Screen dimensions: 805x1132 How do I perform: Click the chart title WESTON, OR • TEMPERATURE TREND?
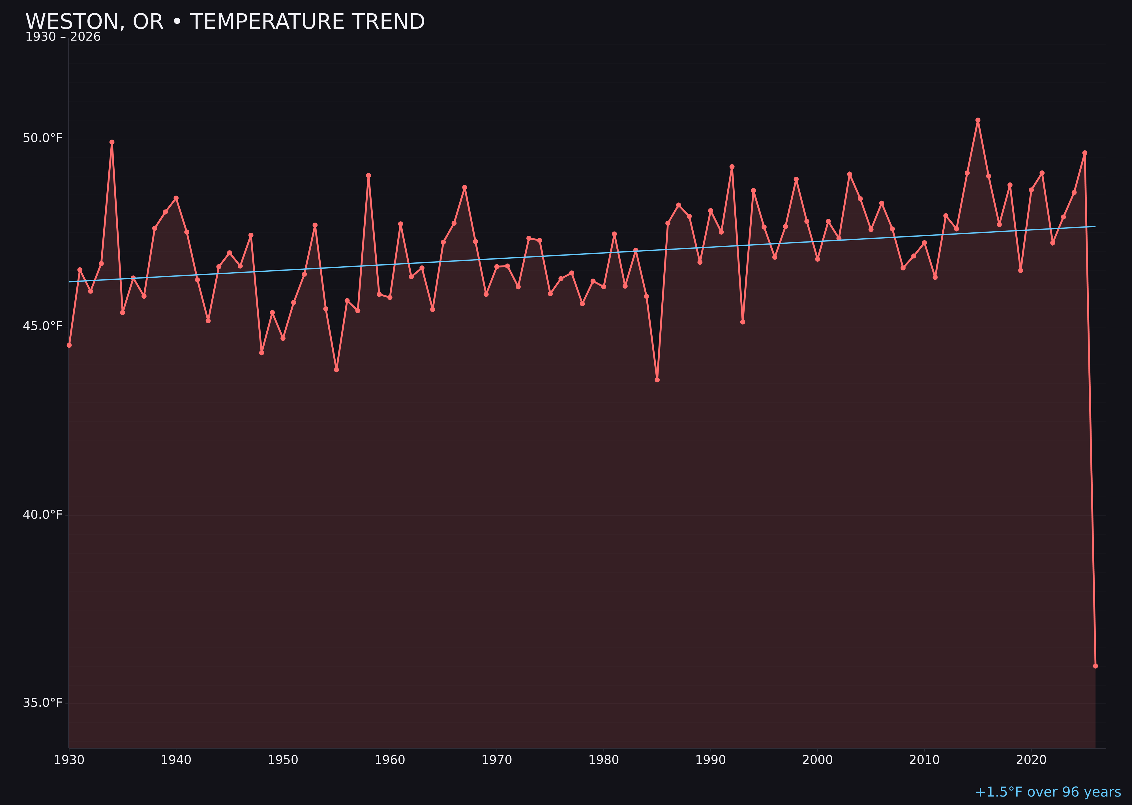click(x=225, y=22)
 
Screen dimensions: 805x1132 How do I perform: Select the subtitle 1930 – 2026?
click(x=63, y=37)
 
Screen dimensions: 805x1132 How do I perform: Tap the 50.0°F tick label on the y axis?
click(x=43, y=138)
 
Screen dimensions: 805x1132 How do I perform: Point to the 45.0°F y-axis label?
click(x=43, y=326)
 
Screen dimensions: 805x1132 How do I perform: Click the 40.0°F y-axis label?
click(x=43, y=515)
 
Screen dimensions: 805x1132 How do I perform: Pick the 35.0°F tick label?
click(x=43, y=703)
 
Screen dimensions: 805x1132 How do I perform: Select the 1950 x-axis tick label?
click(x=283, y=760)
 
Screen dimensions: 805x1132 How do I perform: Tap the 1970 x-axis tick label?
click(x=497, y=760)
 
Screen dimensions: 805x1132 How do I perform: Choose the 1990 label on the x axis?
click(x=711, y=760)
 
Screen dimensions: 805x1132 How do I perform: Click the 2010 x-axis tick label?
click(x=924, y=760)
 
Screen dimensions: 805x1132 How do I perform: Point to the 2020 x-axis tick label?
click(x=1031, y=760)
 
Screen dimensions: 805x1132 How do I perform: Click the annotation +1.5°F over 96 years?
click(x=1048, y=792)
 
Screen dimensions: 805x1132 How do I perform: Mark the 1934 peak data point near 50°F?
click(x=112, y=142)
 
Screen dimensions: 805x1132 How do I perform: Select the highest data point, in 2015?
click(x=978, y=120)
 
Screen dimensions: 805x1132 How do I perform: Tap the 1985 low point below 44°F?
click(x=657, y=380)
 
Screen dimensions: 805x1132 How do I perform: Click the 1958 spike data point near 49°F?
click(x=368, y=175)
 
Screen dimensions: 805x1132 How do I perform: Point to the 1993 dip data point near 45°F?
click(x=742, y=322)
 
